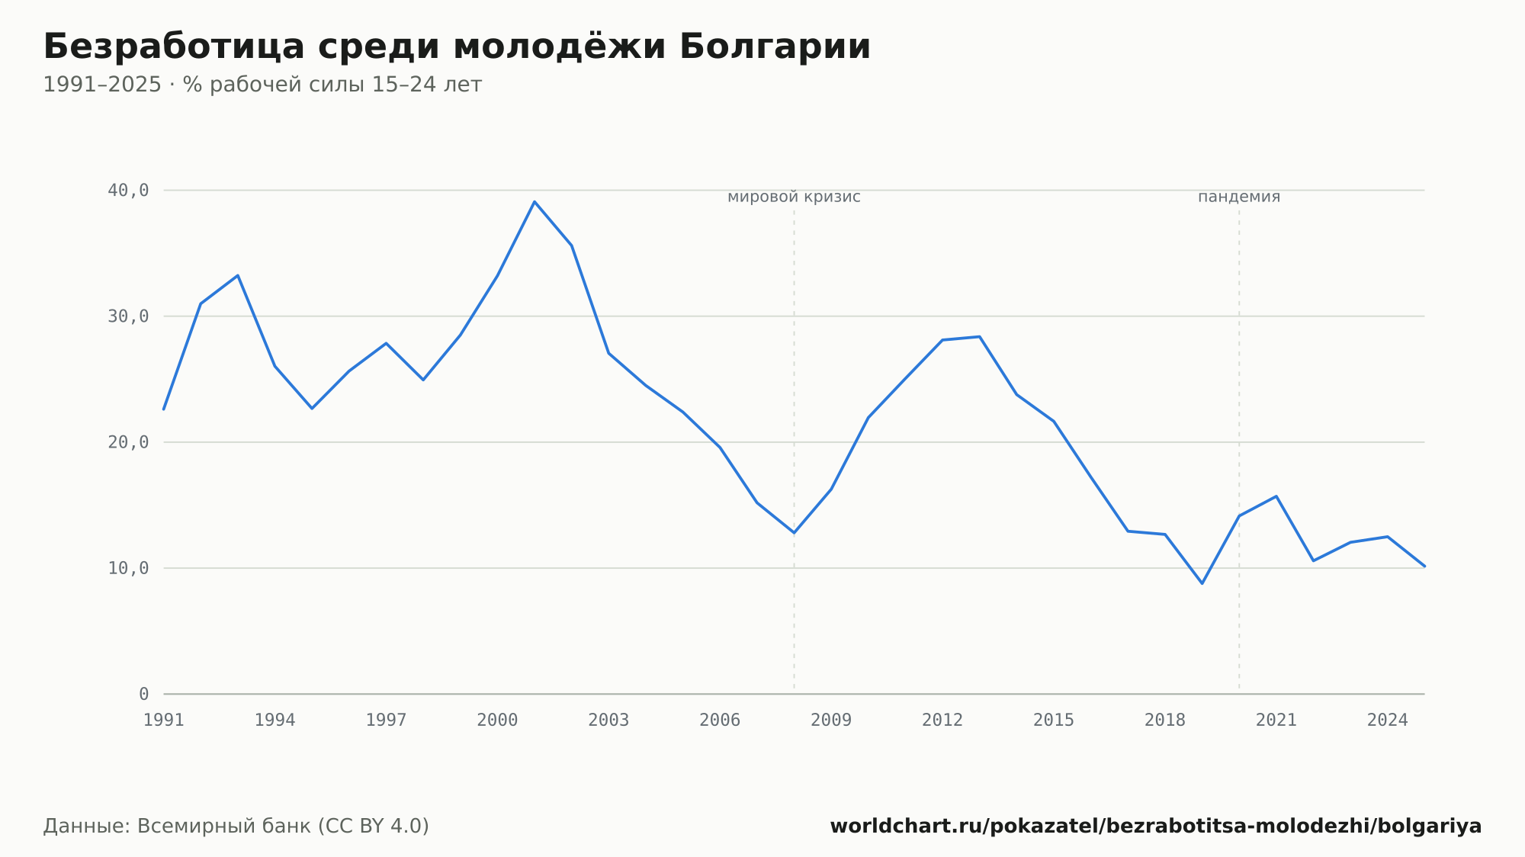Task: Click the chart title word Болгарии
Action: click(x=775, y=47)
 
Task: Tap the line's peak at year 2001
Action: click(x=535, y=202)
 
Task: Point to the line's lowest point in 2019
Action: click(x=1202, y=583)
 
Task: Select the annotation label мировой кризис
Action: click(x=794, y=197)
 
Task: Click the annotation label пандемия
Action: click(x=1239, y=197)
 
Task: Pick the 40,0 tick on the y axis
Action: click(x=128, y=191)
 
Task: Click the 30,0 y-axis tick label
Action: click(x=128, y=316)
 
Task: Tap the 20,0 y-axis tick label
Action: click(x=128, y=442)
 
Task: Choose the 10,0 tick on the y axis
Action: click(x=128, y=568)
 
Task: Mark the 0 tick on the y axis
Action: click(x=144, y=694)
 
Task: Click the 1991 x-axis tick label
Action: click(x=164, y=721)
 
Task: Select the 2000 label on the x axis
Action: click(x=497, y=721)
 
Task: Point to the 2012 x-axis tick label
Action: click(x=942, y=721)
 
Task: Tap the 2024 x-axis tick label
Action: click(x=1388, y=721)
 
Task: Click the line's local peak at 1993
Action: click(x=238, y=275)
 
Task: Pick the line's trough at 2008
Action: click(x=794, y=532)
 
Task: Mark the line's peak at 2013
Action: click(x=980, y=336)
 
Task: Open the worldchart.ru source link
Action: click(x=1156, y=827)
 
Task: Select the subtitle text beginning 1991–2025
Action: click(x=262, y=85)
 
